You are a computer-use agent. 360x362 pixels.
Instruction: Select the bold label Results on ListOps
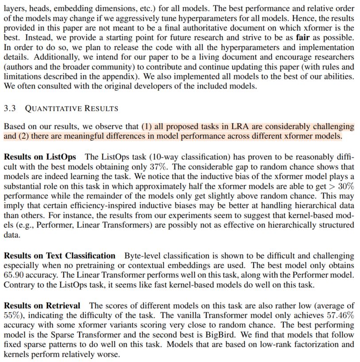[x=40, y=157]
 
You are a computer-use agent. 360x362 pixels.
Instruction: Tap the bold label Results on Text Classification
[x=59, y=256]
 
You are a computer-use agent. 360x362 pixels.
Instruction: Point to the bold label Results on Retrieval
[x=42, y=306]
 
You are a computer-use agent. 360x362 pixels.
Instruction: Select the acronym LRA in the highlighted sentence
[x=239, y=127]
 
